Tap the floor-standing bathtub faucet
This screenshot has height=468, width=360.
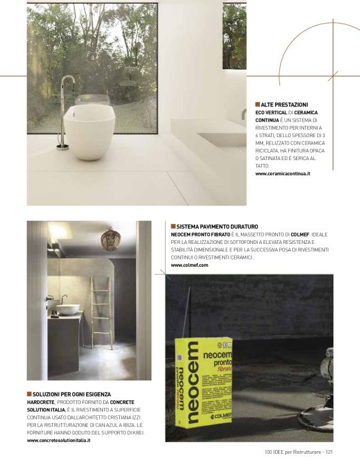(x=65, y=112)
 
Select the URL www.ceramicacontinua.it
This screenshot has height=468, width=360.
(x=282, y=174)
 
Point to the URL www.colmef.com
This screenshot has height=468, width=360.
(x=189, y=265)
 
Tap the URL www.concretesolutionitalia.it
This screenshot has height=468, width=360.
(x=59, y=440)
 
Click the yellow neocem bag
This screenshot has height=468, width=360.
(x=203, y=380)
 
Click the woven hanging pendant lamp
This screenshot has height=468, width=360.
(x=110, y=239)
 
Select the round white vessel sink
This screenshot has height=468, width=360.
(x=70, y=309)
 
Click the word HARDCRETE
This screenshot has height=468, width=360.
(x=40, y=402)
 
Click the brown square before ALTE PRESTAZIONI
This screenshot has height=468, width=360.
(x=257, y=104)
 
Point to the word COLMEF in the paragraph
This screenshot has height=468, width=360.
(x=294, y=235)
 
